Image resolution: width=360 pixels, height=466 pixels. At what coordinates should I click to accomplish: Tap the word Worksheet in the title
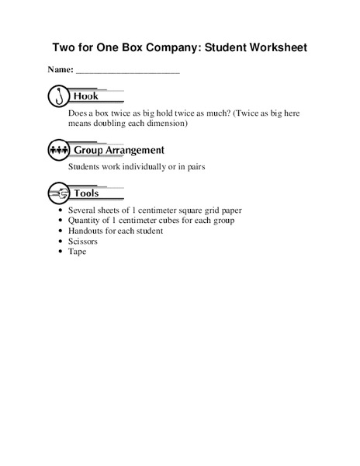point(275,47)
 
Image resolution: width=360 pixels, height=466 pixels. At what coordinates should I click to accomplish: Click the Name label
point(61,70)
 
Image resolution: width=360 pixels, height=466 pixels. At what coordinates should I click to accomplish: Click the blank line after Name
point(127,71)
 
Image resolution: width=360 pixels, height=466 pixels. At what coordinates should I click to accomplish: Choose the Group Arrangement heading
point(118,149)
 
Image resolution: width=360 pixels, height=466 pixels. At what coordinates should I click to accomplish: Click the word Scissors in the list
point(84,242)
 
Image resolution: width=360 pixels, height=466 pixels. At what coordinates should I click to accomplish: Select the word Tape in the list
point(77,252)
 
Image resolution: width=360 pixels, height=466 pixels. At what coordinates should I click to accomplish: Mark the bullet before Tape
point(61,252)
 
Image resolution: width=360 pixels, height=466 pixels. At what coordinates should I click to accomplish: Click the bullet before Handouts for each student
point(61,231)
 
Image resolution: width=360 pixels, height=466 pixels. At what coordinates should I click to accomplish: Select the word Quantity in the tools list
point(85,221)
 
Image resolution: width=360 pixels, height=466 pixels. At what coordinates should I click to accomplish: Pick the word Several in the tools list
point(83,210)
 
